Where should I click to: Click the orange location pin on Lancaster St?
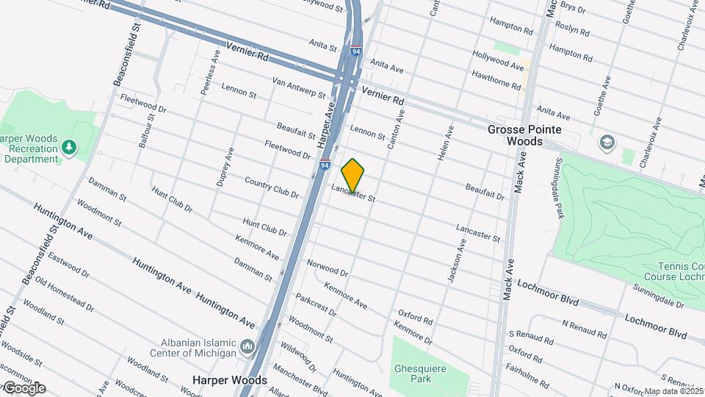click(x=353, y=175)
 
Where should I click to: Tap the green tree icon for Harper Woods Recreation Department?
click(x=69, y=147)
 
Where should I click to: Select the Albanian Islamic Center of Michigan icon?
click(x=247, y=346)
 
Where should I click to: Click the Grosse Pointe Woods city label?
click(x=525, y=135)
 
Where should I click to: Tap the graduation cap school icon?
click(x=607, y=141)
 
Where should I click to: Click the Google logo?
click(x=23, y=388)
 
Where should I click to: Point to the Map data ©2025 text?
click(x=673, y=391)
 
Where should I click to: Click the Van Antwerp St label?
click(x=299, y=88)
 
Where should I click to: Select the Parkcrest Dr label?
click(x=316, y=305)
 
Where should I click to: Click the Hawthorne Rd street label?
click(x=496, y=79)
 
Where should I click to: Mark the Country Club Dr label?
click(x=272, y=188)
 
